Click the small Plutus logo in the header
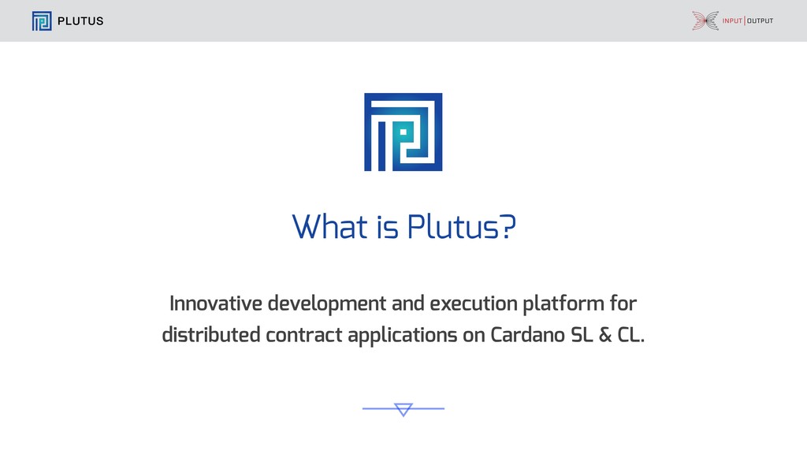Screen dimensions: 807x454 42,21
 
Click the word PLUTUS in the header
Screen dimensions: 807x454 80,21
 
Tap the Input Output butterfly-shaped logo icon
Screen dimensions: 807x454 705,20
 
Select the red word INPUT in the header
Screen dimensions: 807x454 732,20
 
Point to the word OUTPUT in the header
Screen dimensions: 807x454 761,20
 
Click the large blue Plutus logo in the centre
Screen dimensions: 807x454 403,132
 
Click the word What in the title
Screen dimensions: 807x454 330,226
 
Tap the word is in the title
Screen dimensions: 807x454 388,227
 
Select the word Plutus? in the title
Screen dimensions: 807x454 462,226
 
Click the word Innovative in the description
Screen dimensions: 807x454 216,303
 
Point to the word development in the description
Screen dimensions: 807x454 327,304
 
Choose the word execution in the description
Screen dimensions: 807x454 474,303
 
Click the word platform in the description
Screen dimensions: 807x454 563,304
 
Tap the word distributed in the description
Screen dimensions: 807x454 211,334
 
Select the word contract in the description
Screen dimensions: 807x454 303,335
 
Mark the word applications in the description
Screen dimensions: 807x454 403,336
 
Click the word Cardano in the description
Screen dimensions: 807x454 527,334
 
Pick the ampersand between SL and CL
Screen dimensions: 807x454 605,335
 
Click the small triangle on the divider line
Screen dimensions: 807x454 403,409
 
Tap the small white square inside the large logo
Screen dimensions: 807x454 403,132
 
